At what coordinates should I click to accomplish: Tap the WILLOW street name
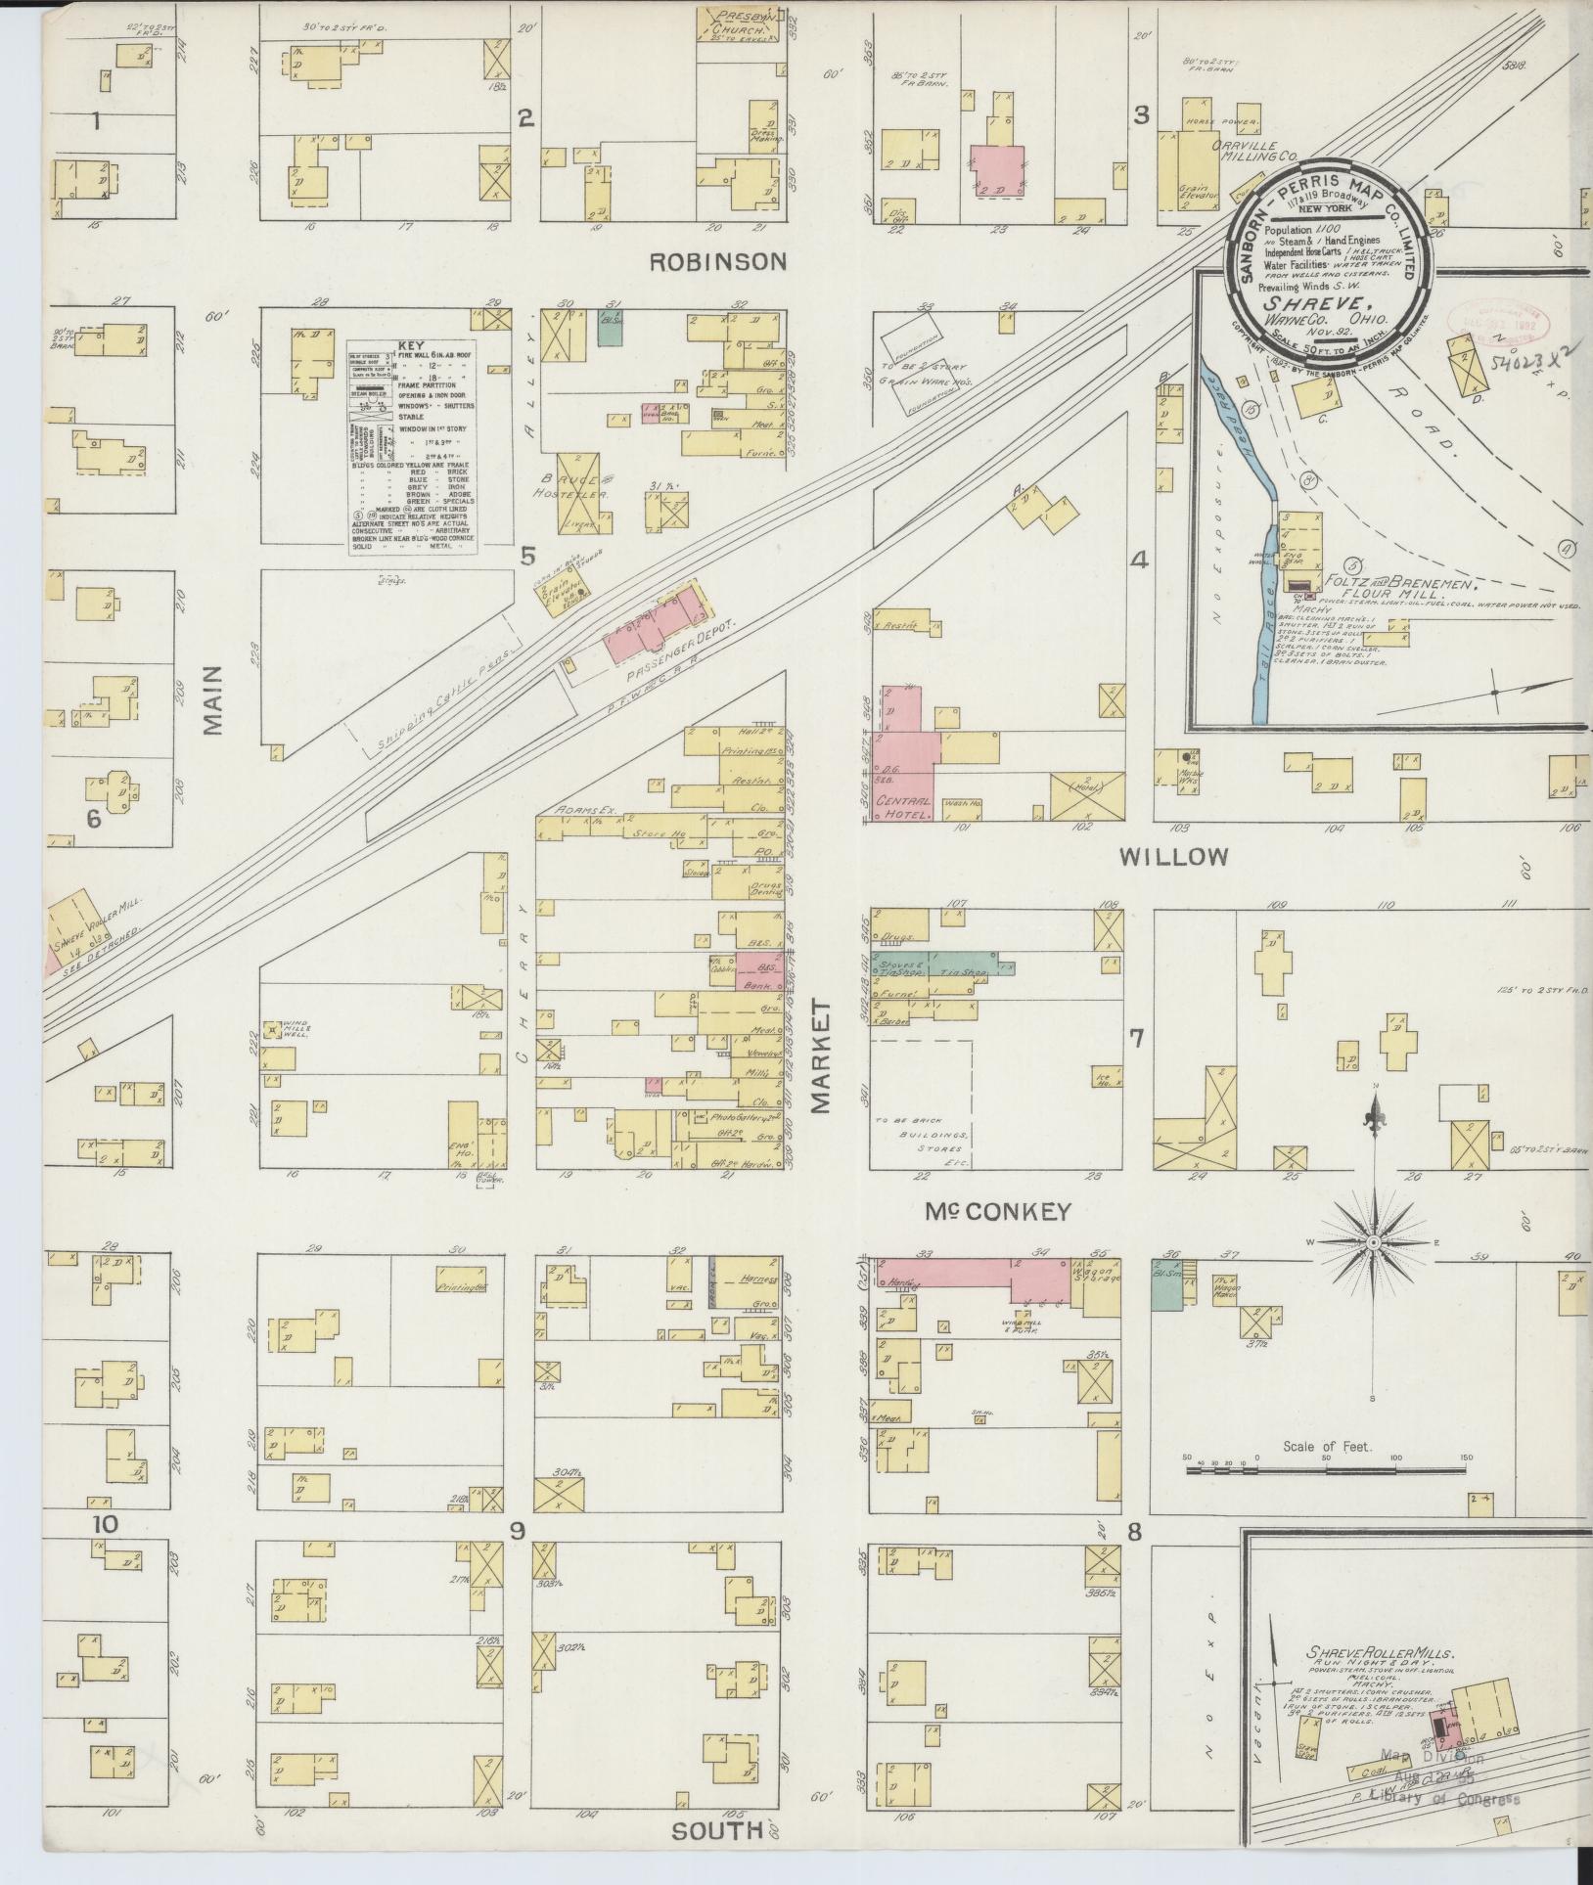pyautogui.click(x=1173, y=858)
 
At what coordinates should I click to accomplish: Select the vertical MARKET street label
pyautogui.click(x=820, y=1056)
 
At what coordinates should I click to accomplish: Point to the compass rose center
pyautogui.click(x=1372, y=1242)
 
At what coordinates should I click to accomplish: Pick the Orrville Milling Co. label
pyautogui.click(x=1253, y=150)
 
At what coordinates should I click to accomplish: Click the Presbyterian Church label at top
pyautogui.click(x=747, y=22)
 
